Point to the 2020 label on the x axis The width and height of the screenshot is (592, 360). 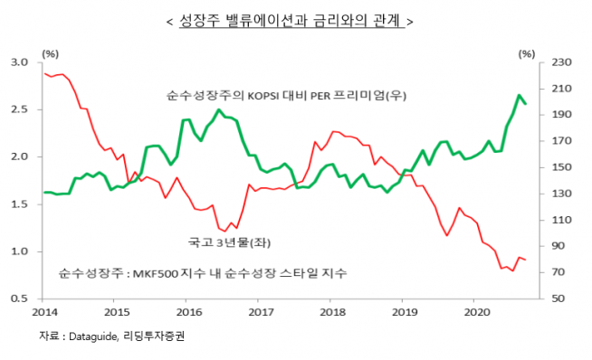476,312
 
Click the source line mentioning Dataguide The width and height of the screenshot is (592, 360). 118,336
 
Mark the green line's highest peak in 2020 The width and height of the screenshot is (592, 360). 519,95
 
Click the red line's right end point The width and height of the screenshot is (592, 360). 526,261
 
